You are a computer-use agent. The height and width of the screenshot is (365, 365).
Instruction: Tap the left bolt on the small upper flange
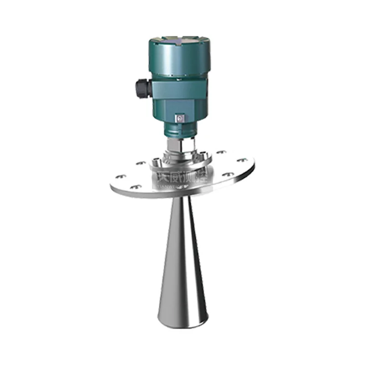[x=157, y=161]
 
